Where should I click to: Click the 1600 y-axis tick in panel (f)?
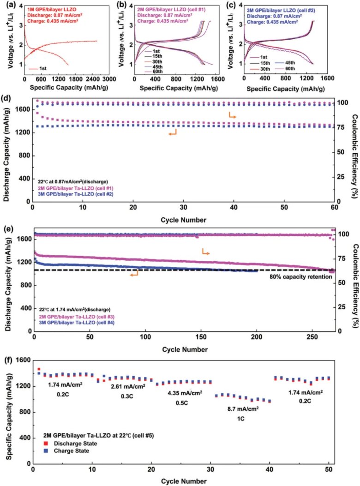click(x=23, y=360)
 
